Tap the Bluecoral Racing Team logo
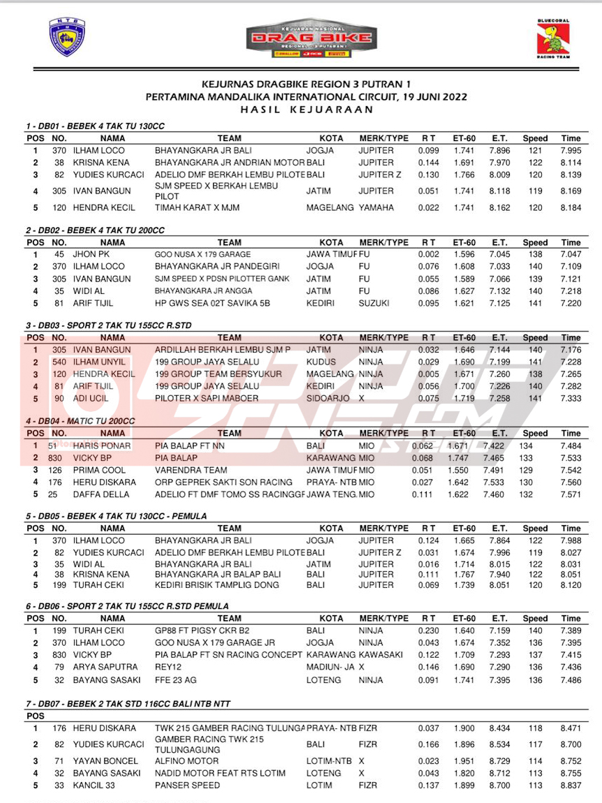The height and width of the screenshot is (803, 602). (x=553, y=38)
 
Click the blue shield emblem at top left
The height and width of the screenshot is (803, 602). (x=66, y=37)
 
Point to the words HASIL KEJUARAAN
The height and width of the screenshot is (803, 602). (x=306, y=109)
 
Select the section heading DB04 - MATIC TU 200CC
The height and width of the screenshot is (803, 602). (x=80, y=421)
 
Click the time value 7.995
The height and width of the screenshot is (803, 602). (x=571, y=151)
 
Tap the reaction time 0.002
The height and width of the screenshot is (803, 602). (x=429, y=254)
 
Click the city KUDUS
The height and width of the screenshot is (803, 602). (x=321, y=362)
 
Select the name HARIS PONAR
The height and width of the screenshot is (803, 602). (x=101, y=445)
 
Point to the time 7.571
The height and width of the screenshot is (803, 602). (x=571, y=494)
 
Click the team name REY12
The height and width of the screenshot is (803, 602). (x=168, y=667)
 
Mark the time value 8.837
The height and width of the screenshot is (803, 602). (x=571, y=786)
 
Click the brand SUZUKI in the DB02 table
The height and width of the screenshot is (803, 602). (x=375, y=303)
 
